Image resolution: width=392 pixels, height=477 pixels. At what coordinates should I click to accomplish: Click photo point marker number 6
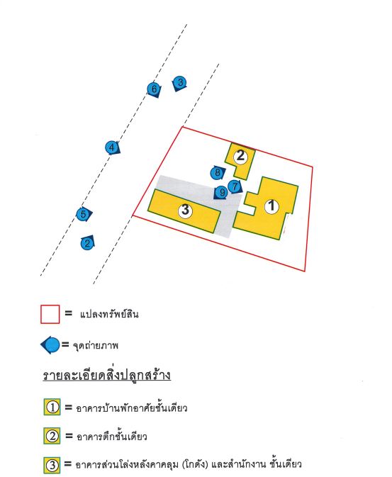(x=154, y=89)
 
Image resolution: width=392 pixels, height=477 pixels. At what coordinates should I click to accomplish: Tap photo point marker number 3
(x=179, y=83)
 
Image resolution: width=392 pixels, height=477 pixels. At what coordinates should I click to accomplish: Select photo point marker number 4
(x=112, y=148)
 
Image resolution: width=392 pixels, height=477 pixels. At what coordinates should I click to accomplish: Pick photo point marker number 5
(x=84, y=214)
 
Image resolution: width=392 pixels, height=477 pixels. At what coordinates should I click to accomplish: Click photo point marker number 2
(x=88, y=243)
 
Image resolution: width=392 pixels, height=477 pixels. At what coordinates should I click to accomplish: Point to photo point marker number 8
(x=218, y=173)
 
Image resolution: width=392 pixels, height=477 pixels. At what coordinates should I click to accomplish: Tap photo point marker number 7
(x=235, y=186)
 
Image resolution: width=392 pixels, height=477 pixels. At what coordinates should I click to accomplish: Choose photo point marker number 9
(x=221, y=193)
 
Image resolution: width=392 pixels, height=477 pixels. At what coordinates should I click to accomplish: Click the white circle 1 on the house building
(x=271, y=206)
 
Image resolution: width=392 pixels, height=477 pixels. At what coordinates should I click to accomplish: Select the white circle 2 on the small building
(x=240, y=156)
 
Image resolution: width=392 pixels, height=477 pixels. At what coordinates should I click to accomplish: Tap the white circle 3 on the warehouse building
(x=185, y=211)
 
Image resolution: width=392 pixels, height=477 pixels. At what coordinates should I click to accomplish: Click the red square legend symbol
(x=50, y=314)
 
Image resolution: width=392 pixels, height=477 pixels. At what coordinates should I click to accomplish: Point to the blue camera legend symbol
(x=50, y=345)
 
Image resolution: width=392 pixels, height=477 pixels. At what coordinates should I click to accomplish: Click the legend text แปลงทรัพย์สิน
(x=109, y=314)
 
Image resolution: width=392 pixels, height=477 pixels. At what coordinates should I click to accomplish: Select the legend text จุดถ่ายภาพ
(x=96, y=346)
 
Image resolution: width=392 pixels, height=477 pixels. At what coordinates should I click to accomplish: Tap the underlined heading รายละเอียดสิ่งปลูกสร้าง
(x=106, y=375)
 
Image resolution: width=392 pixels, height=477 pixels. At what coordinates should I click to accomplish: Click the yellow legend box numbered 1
(x=52, y=407)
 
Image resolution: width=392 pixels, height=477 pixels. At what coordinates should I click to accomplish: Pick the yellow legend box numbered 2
(x=52, y=436)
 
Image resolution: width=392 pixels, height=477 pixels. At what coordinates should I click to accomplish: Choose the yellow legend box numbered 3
(x=52, y=465)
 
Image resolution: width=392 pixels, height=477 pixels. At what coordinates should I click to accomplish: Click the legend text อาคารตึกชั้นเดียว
(x=112, y=437)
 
